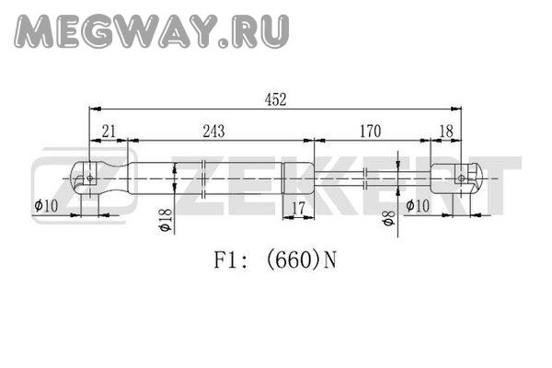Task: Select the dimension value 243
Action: tap(213, 132)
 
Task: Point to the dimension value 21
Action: tap(109, 132)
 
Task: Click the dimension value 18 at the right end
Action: tap(445, 132)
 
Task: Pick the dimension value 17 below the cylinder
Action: tap(297, 207)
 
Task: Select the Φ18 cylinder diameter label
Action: tap(165, 220)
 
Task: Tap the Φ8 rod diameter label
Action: tap(389, 219)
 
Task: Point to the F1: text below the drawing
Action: tap(228, 259)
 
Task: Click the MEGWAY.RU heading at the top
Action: tap(153, 33)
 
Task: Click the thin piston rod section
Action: tap(368, 175)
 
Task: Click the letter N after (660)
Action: tap(329, 259)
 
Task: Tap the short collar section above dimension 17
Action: tap(297, 175)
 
